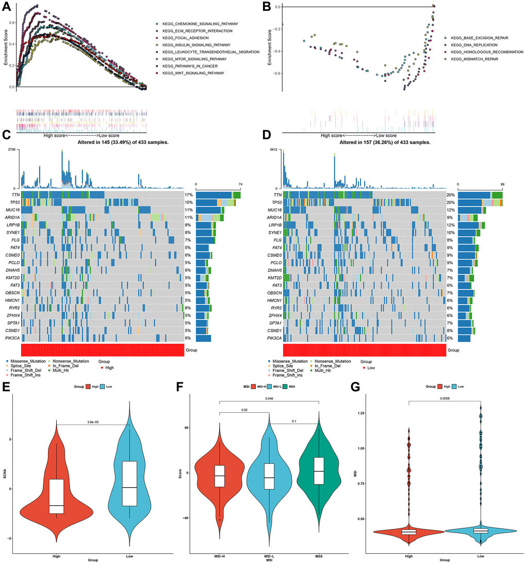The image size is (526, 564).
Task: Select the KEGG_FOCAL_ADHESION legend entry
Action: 181,38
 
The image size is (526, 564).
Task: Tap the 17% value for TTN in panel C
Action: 189,195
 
